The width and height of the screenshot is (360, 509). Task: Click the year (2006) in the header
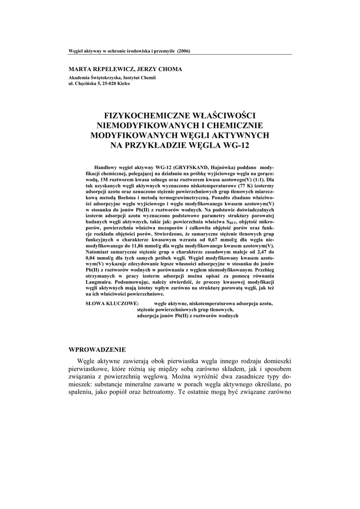[183, 51]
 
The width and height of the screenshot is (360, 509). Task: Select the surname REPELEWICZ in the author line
[110, 70]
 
